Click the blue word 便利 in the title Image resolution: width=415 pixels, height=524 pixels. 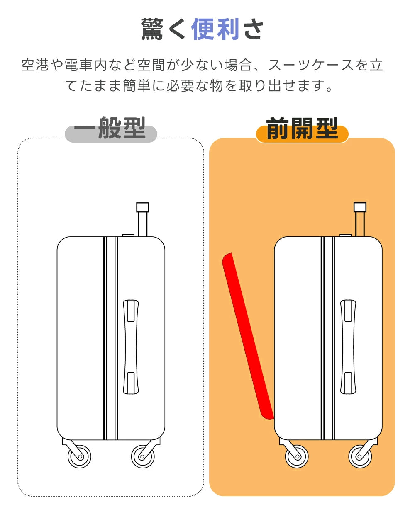(215, 29)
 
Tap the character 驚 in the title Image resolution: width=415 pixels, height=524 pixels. (152, 29)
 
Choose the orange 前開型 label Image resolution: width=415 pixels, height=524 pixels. (302, 130)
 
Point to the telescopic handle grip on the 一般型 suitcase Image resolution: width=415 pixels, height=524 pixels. (143, 207)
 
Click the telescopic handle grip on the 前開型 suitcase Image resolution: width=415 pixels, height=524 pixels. (360, 207)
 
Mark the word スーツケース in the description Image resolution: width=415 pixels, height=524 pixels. (311, 65)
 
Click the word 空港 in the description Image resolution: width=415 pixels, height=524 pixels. (35, 65)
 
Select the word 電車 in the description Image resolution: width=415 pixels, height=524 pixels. (79, 65)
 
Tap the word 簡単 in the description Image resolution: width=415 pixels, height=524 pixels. (136, 86)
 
